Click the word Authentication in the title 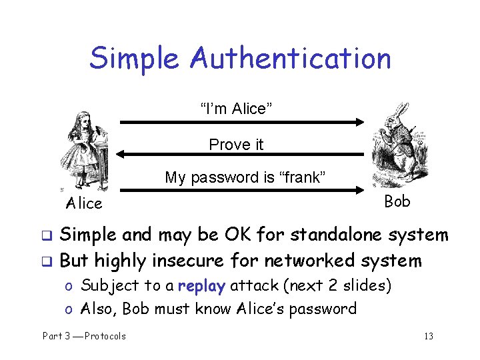click(290, 58)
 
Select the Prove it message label click(236, 144)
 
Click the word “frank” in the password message click(302, 178)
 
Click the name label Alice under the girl click(84, 203)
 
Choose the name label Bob click(397, 201)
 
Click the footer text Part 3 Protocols click(84, 336)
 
